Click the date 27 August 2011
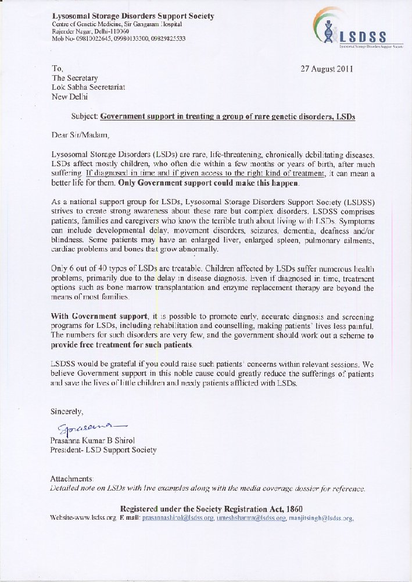[x=327, y=68]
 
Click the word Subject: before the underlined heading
[x=84, y=116]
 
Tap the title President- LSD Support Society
[x=103, y=450]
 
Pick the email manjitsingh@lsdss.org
[x=322, y=517]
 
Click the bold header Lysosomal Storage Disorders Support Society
[x=132, y=16]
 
